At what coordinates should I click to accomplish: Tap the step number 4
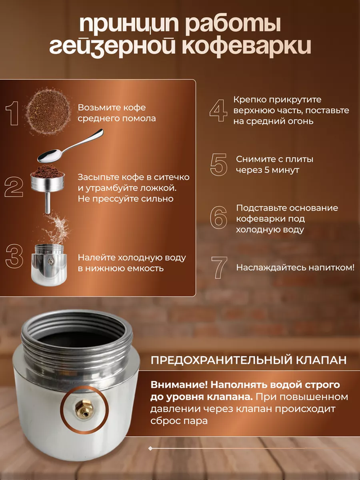[218, 110]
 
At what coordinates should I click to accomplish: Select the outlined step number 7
[219, 267]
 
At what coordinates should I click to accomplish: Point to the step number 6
[219, 218]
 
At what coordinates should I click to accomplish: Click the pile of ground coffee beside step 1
[49, 111]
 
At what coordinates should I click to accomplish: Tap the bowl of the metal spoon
[49, 156]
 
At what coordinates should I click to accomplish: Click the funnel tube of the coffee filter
[47, 202]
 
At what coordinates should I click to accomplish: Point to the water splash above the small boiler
[57, 228]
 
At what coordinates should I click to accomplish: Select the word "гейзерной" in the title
[112, 47]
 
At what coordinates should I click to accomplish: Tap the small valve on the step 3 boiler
[49, 261]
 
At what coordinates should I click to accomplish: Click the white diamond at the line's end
[150, 448]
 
